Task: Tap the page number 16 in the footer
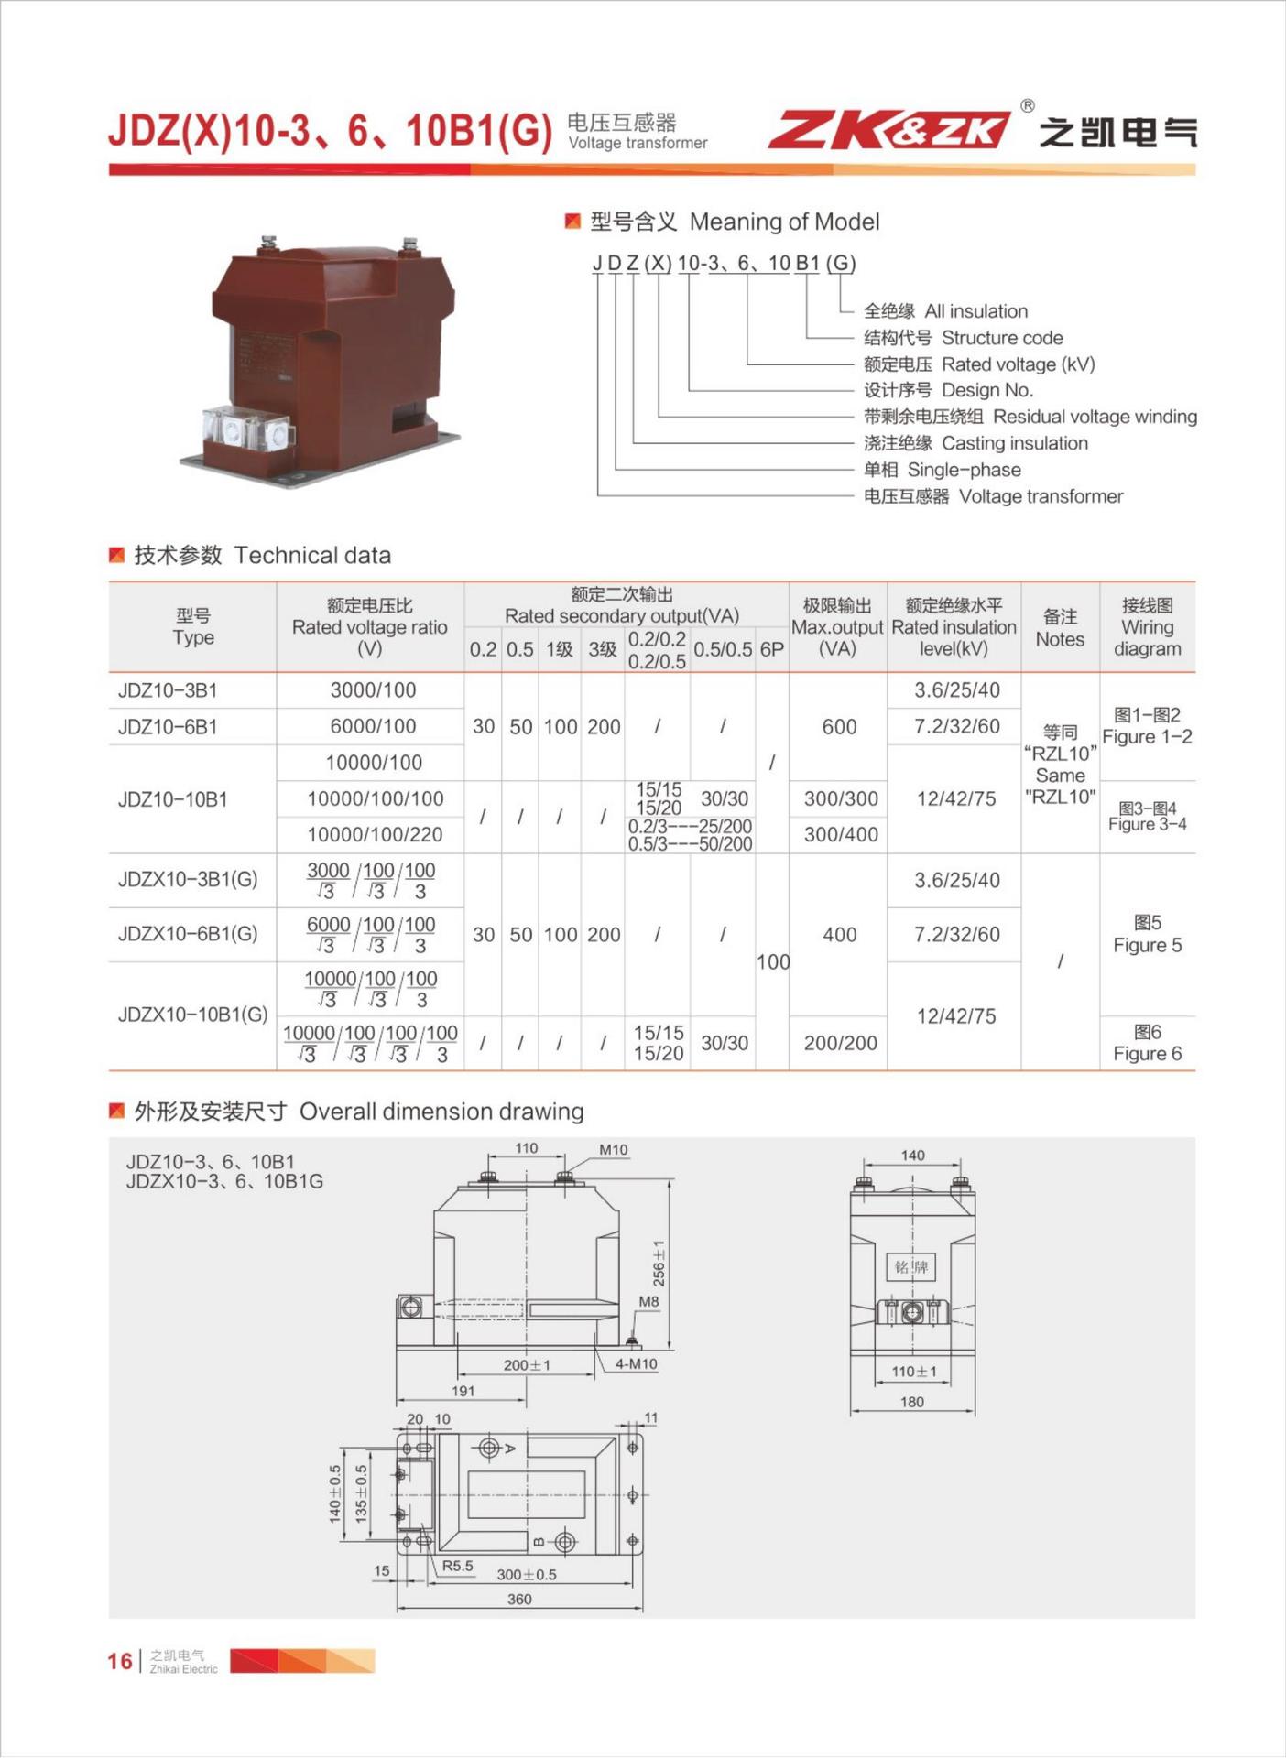click(120, 1661)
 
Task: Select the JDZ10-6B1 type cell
click(169, 727)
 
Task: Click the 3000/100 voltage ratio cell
click(373, 690)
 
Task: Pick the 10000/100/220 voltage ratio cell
click(375, 834)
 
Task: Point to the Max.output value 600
click(839, 727)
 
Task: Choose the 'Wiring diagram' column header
click(1147, 627)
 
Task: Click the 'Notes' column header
click(1060, 628)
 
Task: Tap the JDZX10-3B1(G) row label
click(188, 880)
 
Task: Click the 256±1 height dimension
click(659, 1263)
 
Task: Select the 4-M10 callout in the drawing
click(636, 1363)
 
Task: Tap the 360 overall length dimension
click(519, 1599)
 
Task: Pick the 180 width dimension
click(912, 1402)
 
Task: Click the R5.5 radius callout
click(458, 1566)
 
